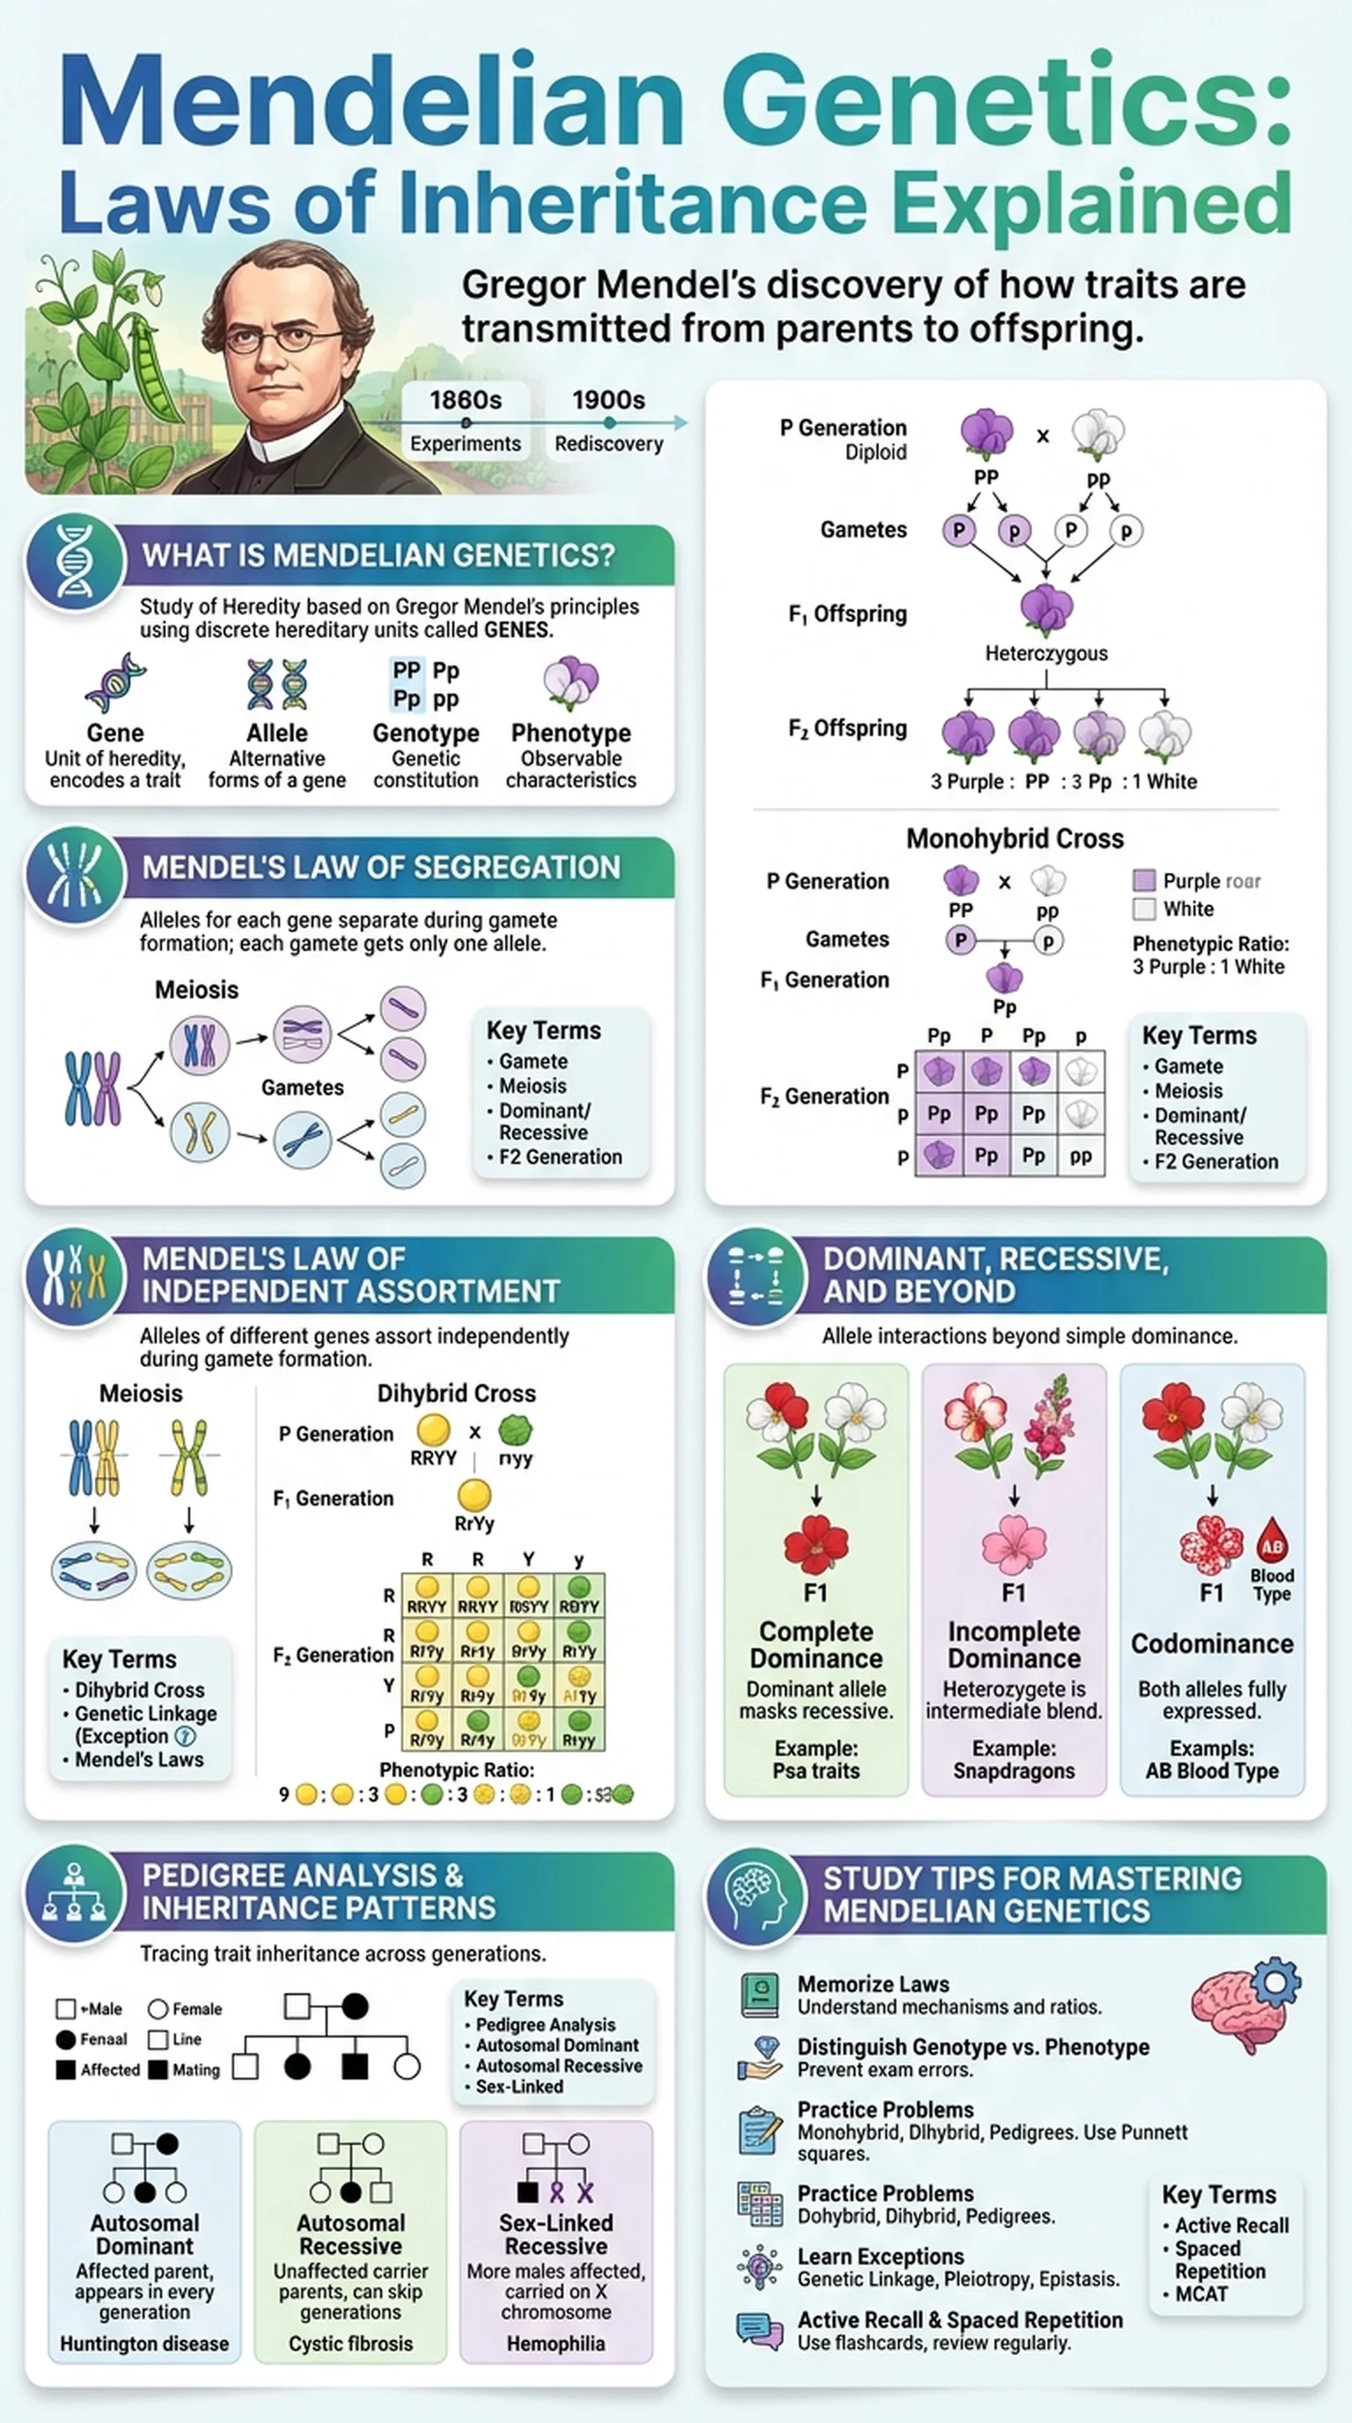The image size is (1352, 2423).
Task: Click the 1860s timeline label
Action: click(466, 401)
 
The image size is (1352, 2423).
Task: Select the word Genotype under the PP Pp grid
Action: click(426, 733)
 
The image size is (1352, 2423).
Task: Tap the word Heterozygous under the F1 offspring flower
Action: click(1046, 652)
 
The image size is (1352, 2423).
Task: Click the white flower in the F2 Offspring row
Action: click(1165, 735)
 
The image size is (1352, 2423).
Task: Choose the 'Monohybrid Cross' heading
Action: click(1015, 838)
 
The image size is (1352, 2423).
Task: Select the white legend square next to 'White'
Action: click(1143, 909)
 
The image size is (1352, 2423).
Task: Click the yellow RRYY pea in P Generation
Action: click(433, 1431)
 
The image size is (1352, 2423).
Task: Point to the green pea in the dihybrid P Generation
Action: click(515, 1431)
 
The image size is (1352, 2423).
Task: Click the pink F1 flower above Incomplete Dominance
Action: click(1013, 1545)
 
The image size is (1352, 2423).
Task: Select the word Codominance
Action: click(1212, 1643)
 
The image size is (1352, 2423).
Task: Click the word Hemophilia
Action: click(555, 2343)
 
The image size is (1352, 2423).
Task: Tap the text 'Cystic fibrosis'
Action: click(350, 2343)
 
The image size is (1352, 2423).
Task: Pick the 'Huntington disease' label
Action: click(144, 2343)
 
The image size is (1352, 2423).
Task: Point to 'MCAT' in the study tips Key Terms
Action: click(1201, 2294)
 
